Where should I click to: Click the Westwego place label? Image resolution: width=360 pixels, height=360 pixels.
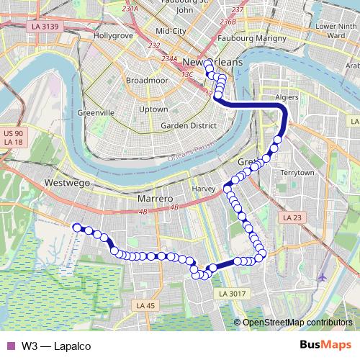(67, 184)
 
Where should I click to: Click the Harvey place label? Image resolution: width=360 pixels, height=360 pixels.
(204, 189)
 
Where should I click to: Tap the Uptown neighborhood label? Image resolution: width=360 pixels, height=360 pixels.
(153, 109)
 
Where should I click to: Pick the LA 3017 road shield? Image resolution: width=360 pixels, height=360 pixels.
(233, 293)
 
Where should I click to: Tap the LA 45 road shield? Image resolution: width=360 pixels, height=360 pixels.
(145, 306)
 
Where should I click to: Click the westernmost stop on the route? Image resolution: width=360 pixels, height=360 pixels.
(76, 227)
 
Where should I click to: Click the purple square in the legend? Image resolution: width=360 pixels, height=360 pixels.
(9, 346)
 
